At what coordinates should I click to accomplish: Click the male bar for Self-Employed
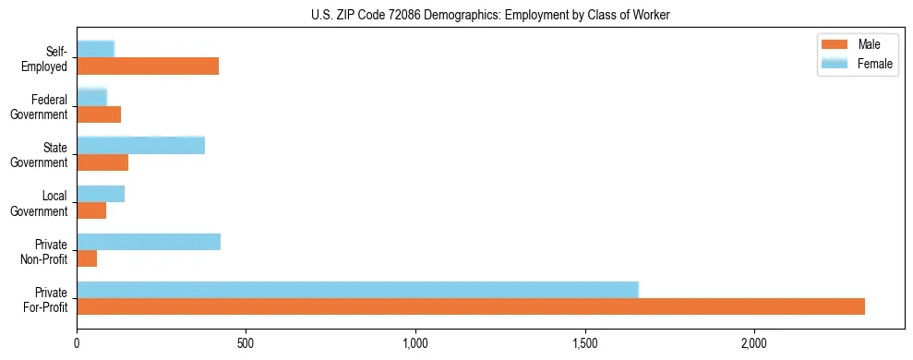click(148, 66)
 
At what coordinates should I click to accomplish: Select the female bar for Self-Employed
click(95, 49)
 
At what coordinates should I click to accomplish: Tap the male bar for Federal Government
click(99, 114)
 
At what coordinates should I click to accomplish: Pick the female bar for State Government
click(140, 145)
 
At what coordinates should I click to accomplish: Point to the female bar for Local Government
click(101, 193)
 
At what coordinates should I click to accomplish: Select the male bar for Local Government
click(91, 210)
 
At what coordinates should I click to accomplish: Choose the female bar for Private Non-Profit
click(149, 241)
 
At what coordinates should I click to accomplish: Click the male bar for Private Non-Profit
click(87, 258)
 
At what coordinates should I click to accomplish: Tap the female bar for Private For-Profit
click(357, 289)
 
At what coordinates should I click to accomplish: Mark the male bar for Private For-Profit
click(471, 306)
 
